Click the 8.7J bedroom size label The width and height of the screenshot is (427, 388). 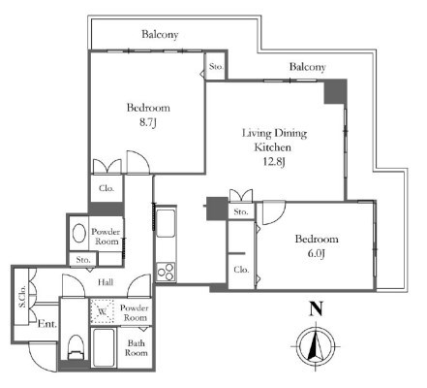pos(148,123)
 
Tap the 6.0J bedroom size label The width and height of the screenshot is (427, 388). pos(316,253)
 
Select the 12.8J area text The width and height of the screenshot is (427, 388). pos(274,161)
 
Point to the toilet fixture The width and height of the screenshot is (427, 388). pos(76,347)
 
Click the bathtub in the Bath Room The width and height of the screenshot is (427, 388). pos(104,348)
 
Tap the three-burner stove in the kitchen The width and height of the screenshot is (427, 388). pos(166,272)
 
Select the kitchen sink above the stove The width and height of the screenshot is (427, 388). pos(166,224)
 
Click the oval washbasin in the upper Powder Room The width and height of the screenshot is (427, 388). pos(79,233)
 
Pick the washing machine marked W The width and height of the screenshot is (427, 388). pos(103,311)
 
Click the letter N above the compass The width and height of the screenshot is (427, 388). pos(316,308)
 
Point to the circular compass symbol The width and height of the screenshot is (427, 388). pos(316,345)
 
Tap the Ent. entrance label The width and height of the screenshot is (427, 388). pos(47,324)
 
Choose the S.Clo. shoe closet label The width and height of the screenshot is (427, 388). pos(22,297)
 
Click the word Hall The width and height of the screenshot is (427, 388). pos(106,282)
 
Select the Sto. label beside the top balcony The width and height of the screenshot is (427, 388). pos(216,67)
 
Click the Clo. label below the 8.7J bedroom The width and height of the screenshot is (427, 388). pos(107,188)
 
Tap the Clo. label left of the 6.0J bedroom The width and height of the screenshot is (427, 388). pos(241,270)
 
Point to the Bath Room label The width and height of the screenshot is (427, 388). pos(136,348)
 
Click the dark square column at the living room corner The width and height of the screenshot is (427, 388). pos(335,92)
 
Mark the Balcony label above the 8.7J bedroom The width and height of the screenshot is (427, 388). pos(160,34)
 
